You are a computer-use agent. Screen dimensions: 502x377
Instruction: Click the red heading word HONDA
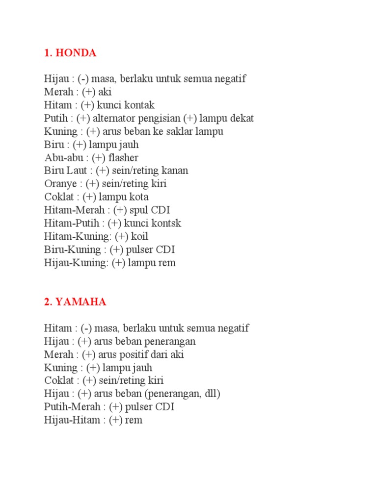coord(77,53)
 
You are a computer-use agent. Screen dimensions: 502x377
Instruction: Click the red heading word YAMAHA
coord(81,302)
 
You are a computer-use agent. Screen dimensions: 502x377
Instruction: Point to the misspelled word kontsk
coord(167,223)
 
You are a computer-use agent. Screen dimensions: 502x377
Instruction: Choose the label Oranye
coord(60,184)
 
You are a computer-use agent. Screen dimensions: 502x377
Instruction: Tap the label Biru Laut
coord(65,171)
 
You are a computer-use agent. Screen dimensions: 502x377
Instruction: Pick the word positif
coord(132,354)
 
